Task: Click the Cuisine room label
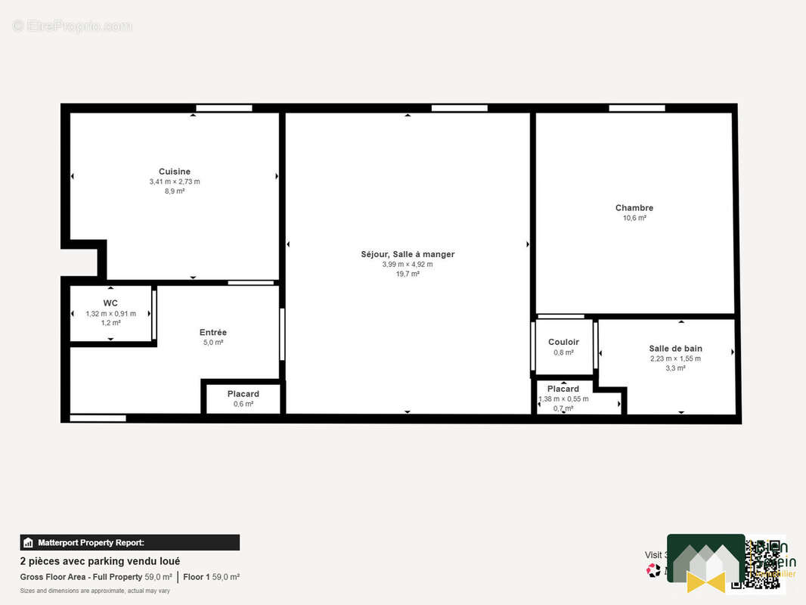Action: tap(175, 172)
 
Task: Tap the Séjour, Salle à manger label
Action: tap(408, 254)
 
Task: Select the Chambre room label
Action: tap(634, 208)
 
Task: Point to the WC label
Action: tap(110, 303)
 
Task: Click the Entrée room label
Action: tap(212, 333)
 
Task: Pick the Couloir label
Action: tap(563, 343)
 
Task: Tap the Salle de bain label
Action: tap(675, 349)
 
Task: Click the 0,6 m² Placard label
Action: tap(243, 394)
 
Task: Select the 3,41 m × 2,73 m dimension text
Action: tap(175, 181)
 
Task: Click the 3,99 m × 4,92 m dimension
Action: tap(408, 264)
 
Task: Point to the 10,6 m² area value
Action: tap(634, 218)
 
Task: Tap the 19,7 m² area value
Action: tap(408, 274)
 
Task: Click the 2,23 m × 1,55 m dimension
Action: tap(675, 358)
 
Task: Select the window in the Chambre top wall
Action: tap(637, 108)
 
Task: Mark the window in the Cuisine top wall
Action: tap(224, 108)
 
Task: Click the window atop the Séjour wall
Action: tap(459, 108)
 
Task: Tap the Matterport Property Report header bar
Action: tap(129, 542)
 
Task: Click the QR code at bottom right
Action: tap(765, 564)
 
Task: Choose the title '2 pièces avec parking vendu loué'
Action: tap(100, 561)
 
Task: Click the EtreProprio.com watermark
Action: tap(72, 26)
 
